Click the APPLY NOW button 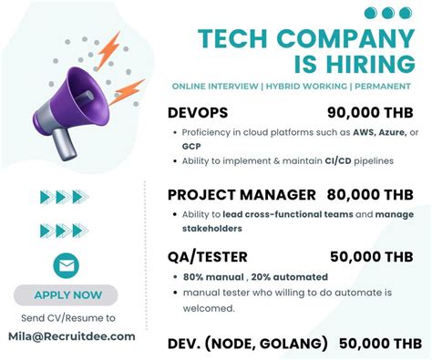67,294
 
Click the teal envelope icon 66,265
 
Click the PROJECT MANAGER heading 242,194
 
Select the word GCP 191,146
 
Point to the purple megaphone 77,95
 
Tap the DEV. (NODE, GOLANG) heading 248,344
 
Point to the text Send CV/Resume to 67,318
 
